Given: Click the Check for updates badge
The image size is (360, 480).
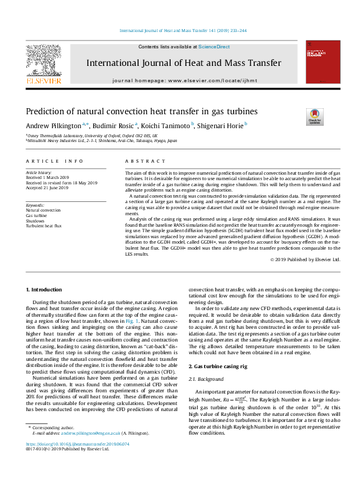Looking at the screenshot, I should [316, 116].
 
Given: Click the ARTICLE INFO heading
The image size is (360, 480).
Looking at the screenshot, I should [54, 161].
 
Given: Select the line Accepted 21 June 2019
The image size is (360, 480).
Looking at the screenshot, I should [47, 188].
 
